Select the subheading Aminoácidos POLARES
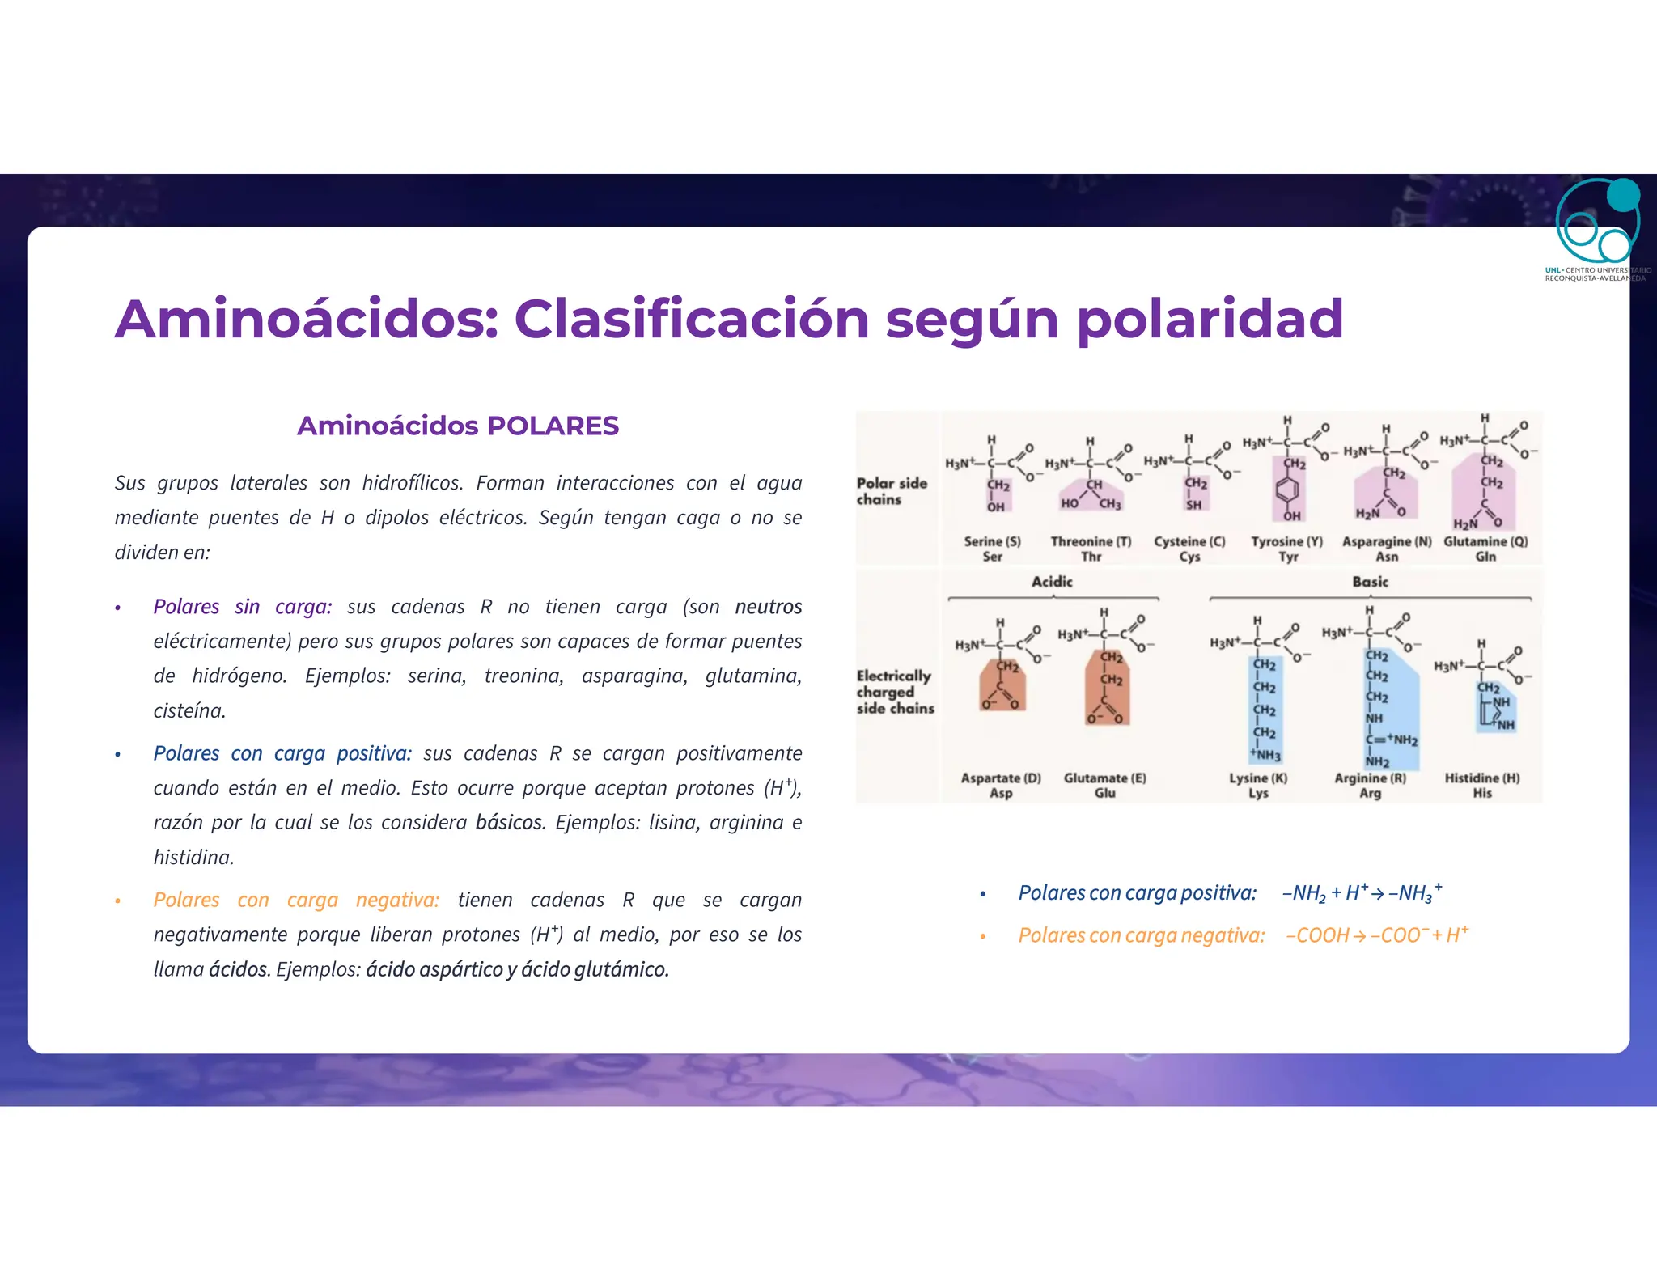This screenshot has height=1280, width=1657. coord(457,426)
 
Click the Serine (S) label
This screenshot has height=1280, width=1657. coord(992,541)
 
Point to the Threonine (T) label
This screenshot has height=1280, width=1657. coord(1091,541)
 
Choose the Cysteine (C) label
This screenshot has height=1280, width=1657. coord(1189,541)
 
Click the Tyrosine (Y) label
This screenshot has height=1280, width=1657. coord(1286,541)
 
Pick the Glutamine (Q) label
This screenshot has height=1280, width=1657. coord(1485,541)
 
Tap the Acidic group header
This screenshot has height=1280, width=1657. coord(1052,582)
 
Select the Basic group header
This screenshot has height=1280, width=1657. coord(1370,582)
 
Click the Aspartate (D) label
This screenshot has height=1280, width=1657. coord(1001,778)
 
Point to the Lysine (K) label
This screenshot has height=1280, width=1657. coord(1258,778)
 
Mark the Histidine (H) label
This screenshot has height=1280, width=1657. coord(1482,778)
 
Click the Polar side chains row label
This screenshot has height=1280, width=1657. coord(891,491)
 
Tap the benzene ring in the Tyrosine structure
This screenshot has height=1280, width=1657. coord(1287,490)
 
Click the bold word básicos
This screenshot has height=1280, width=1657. coord(509,823)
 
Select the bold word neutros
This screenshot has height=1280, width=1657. coord(768,607)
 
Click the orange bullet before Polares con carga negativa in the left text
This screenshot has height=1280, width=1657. coord(118,901)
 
